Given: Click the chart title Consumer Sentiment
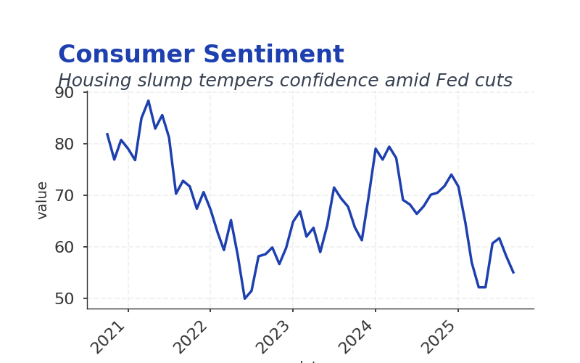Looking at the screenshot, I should pos(201,55).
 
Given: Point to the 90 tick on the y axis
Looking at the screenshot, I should pos(65,93).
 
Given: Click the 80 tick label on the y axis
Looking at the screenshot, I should pos(65,144).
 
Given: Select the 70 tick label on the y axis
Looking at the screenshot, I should pos(65,195).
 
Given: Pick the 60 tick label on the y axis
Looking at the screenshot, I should pos(65,247).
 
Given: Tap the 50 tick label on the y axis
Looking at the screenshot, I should pos(65,298).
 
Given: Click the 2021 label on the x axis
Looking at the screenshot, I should pos(110,335).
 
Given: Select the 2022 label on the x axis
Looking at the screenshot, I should pos(193,335).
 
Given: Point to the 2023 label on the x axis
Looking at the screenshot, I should pos(275,335).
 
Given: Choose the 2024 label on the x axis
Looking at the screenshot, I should pos(358,335).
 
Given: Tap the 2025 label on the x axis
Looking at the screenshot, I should pos(441,335).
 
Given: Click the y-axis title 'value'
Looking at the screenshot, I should pos(42,200).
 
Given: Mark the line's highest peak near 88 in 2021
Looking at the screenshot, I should pos(149,101).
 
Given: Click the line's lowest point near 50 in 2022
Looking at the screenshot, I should pos(244,298).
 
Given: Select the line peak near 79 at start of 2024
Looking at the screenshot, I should pos(376,149).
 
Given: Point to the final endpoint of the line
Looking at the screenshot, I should pos(513,272).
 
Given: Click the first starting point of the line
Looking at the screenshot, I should pos(107,134).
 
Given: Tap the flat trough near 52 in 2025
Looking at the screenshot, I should pos(482,287).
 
